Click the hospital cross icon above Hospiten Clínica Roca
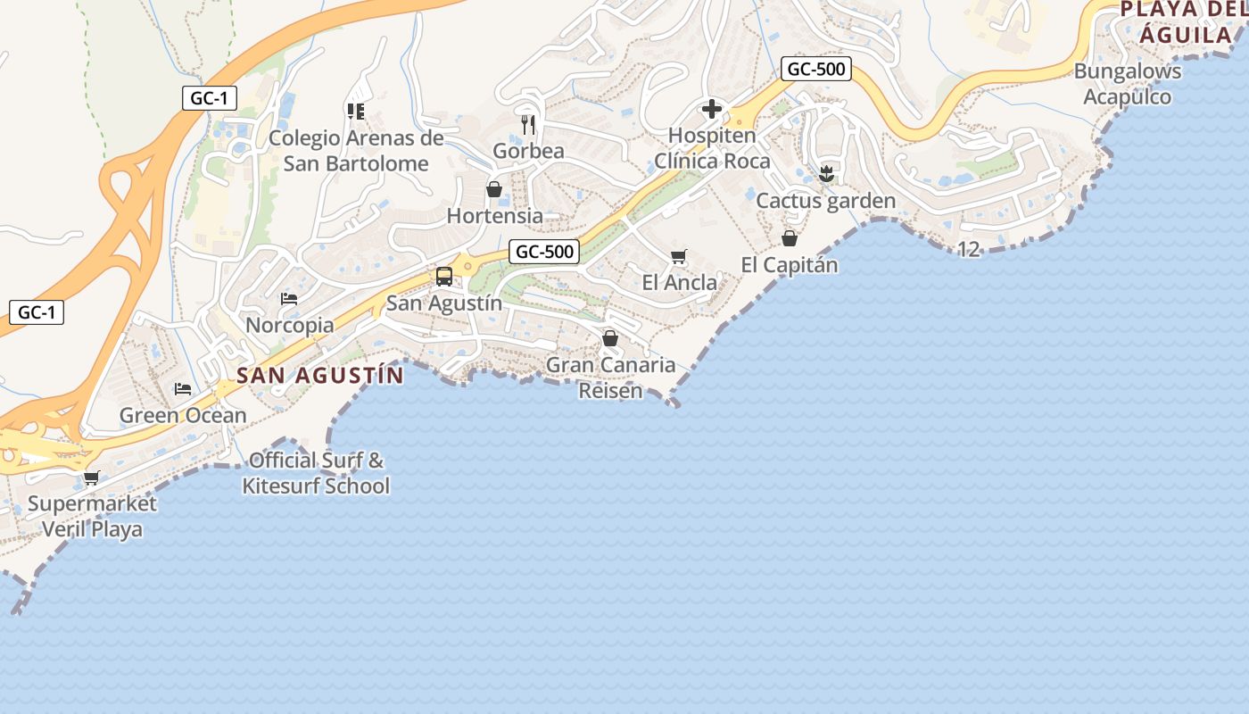[x=712, y=110]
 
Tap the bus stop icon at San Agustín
[x=444, y=277]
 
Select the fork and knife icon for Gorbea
[x=528, y=124]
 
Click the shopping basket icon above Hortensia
[x=494, y=189]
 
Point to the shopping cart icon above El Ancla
[x=679, y=257]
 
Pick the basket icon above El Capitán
[x=790, y=238]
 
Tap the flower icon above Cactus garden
[x=826, y=174]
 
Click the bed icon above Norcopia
[x=289, y=298]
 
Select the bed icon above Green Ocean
[x=183, y=389]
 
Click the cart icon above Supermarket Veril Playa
[x=91, y=477]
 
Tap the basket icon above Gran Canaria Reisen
[x=610, y=338]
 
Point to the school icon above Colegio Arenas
[x=355, y=112]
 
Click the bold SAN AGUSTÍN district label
[x=320, y=375]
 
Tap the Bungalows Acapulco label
[x=1128, y=84]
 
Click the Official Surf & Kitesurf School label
[x=316, y=473]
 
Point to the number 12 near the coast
[x=969, y=249]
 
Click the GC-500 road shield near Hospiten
[x=815, y=69]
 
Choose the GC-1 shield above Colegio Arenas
[x=210, y=98]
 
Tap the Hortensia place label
[x=494, y=215]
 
